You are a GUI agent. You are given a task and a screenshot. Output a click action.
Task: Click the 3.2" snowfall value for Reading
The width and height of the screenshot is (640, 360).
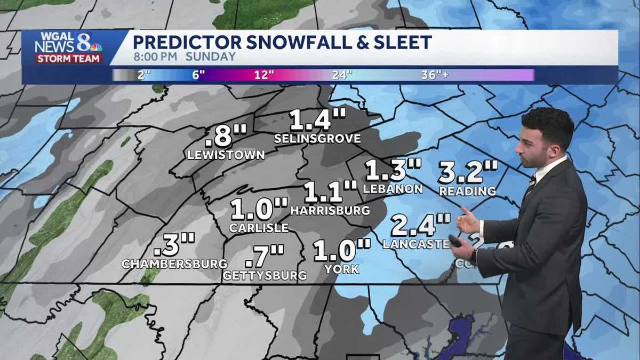pyautogui.click(x=468, y=172)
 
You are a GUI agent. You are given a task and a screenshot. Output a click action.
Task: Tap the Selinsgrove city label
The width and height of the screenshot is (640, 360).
pyautogui.click(x=317, y=139)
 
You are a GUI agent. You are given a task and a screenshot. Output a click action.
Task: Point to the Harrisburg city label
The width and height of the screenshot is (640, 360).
pyautogui.click(x=330, y=210)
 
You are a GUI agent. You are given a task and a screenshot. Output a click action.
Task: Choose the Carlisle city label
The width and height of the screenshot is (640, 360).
pyautogui.click(x=259, y=228)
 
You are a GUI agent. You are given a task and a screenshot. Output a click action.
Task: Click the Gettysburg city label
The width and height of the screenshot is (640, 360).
pyautogui.click(x=265, y=276)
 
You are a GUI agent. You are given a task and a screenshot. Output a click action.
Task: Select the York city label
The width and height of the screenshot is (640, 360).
pyautogui.click(x=341, y=269)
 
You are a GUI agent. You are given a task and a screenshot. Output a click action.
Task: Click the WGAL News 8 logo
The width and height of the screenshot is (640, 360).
pyautogui.click(x=68, y=43)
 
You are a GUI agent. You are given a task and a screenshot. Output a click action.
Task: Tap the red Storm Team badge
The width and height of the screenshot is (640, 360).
pyautogui.click(x=69, y=58)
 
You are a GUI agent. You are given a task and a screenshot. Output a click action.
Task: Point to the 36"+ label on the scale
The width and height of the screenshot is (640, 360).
pyautogui.click(x=434, y=75)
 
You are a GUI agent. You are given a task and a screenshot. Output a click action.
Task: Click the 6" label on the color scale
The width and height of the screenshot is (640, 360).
pyautogui.click(x=198, y=75)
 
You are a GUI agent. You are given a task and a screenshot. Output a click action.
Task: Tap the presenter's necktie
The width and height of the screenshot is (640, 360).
pyautogui.click(x=530, y=185)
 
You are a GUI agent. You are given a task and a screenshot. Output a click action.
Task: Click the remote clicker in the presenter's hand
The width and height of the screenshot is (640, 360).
pyautogui.click(x=454, y=241)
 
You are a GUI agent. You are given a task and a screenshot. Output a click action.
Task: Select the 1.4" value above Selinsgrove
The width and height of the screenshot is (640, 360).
pyautogui.click(x=318, y=121)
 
